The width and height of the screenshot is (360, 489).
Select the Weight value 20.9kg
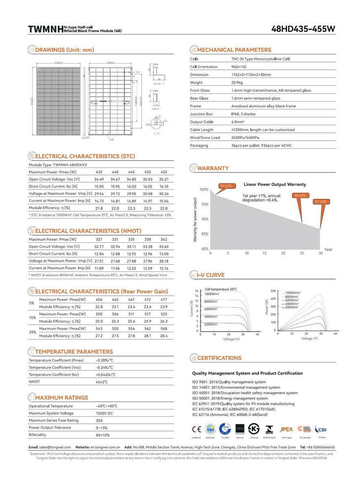[238, 83]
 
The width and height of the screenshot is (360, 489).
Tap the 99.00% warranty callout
[226, 186]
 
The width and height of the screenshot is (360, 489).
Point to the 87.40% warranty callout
[320, 202]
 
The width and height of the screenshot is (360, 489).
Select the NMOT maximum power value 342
[164, 239]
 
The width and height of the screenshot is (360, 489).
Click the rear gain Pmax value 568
[164, 328]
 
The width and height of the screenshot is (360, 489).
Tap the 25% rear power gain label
[32, 332]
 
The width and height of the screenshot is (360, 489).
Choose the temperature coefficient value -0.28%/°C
[104, 360]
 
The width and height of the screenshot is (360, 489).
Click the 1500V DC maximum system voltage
[105, 413]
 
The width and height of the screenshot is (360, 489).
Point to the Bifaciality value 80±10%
[103, 435]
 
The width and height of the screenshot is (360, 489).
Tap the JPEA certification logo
[286, 429]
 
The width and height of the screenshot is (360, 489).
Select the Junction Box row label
[201, 114]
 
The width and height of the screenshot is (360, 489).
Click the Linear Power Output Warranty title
[274, 184]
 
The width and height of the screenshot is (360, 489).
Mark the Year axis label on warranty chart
[328, 249]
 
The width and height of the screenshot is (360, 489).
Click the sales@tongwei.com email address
[56, 447]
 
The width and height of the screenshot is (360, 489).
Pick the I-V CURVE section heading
[211, 275]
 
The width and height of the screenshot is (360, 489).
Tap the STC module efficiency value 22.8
[164, 208]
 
